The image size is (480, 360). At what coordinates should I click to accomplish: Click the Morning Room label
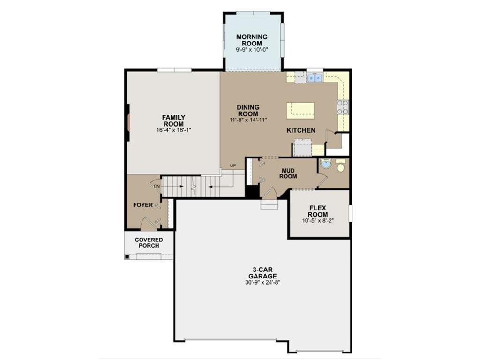pyautogui.click(x=252, y=40)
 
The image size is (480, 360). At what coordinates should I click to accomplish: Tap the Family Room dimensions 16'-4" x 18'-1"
pyautogui.click(x=174, y=130)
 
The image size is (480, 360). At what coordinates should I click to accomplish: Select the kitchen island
pyautogui.click(x=300, y=111)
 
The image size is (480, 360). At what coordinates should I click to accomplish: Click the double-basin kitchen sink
pyautogui.click(x=315, y=78)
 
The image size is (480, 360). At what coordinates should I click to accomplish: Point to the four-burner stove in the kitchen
pyautogui.click(x=343, y=107)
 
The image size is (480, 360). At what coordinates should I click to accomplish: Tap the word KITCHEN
pyautogui.click(x=301, y=130)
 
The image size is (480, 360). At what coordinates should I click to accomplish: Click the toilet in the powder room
pyautogui.click(x=341, y=165)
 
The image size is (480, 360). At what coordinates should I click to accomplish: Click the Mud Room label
pyautogui.click(x=288, y=173)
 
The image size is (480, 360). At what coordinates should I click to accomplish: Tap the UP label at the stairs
pyautogui.click(x=233, y=166)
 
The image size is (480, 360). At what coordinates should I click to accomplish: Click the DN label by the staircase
pyautogui.click(x=157, y=186)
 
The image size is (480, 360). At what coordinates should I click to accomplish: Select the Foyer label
pyautogui.click(x=143, y=205)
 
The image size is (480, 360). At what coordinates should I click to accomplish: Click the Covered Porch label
pyautogui.click(x=149, y=243)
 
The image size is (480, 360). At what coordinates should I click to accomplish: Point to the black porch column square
pyautogui.click(x=127, y=256)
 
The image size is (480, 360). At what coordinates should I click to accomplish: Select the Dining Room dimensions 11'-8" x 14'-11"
pyautogui.click(x=248, y=120)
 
